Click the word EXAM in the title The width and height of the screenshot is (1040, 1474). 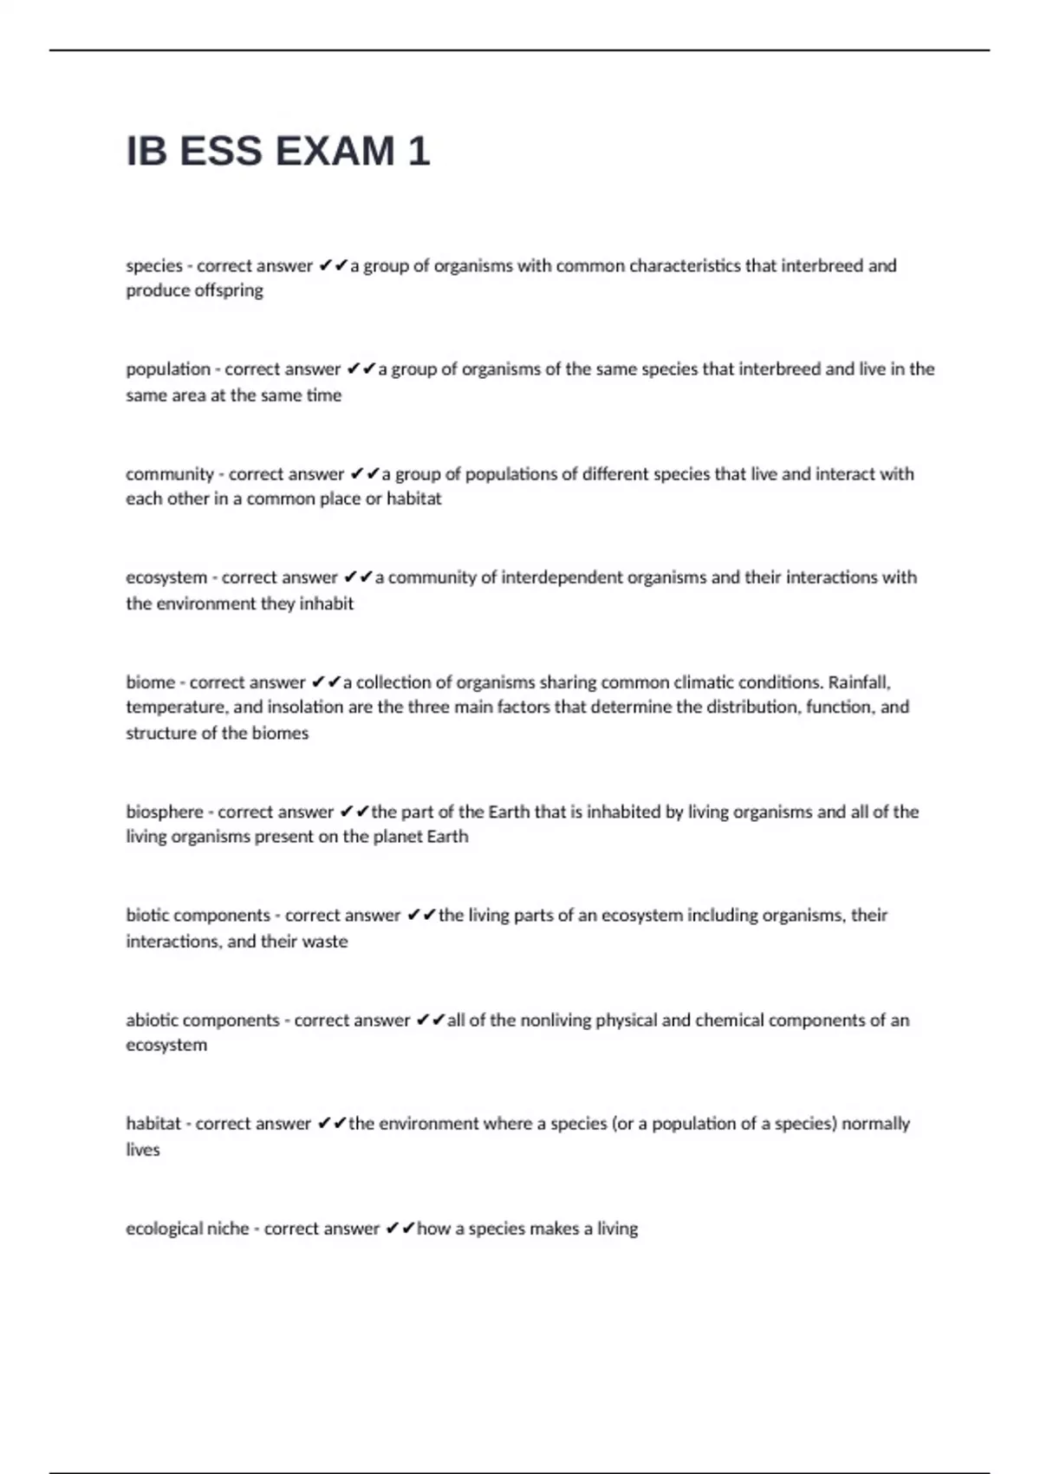pyautogui.click(x=334, y=152)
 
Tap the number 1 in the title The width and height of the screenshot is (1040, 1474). pyautogui.click(x=418, y=152)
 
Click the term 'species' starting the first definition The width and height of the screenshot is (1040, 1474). pyautogui.click(x=154, y=266)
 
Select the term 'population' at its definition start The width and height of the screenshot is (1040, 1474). pyautogui.click(x=168, y=369)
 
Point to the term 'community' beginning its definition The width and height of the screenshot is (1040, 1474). pyautogui.click(x=170, y=474)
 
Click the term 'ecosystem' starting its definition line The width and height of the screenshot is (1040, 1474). pyautogui.click(x=166, y=577)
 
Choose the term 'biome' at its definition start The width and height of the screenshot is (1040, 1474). pyautogui.click(x=150, y=682)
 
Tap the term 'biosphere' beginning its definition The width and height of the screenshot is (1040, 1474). pyautogui.click(x=165, y=812)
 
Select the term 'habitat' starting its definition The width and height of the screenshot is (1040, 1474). pyautogui.click(x=153, y=1124)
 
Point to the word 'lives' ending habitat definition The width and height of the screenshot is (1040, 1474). pyautogui.click(x=143, y=1150)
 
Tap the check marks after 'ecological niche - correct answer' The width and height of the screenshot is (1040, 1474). pyautogui.click(x=400, y=1229)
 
